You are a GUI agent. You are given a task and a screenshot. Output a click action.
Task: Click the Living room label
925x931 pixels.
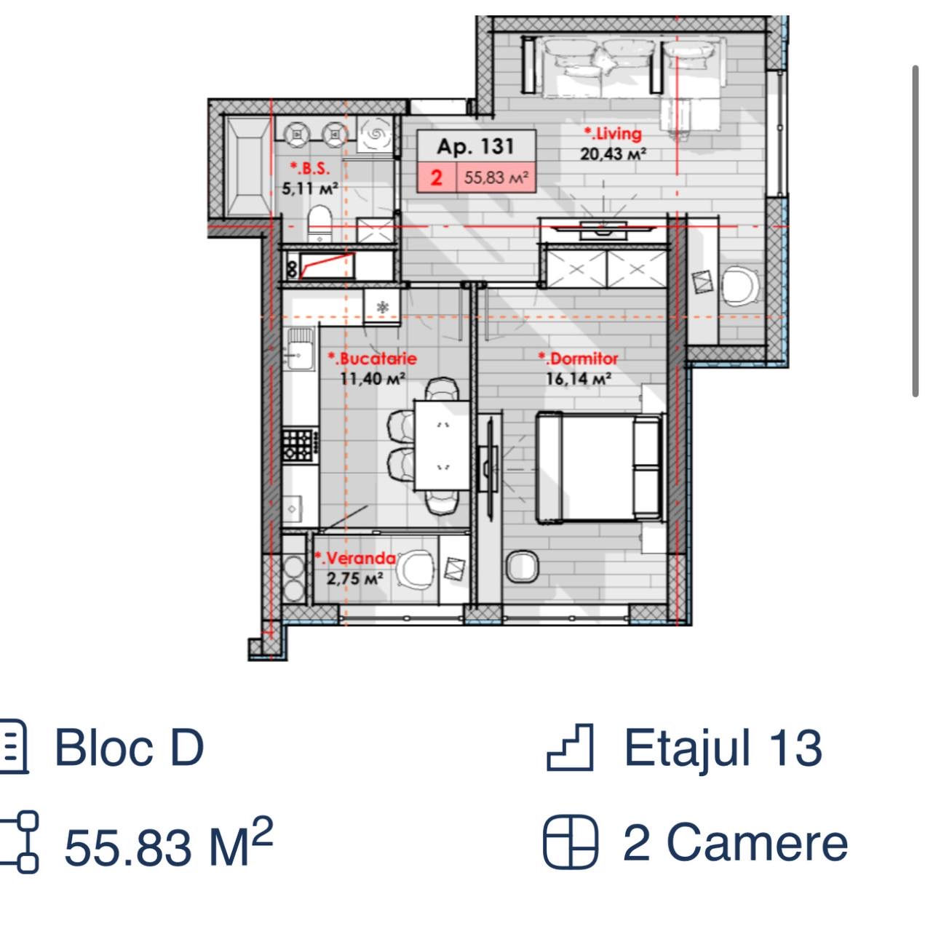pos(613,133)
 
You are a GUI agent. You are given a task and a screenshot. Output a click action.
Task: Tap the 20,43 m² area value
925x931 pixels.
pos(613,154)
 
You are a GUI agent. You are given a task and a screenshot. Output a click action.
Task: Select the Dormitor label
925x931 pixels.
pos(579,359)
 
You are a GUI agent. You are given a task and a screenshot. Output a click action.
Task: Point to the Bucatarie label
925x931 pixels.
pos(373,359)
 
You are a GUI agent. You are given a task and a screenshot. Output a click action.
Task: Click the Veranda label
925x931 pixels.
pos(355,559)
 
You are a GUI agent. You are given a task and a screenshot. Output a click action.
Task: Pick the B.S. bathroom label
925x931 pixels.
pos(309,169)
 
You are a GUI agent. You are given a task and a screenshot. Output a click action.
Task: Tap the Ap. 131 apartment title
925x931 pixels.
pos(476,146)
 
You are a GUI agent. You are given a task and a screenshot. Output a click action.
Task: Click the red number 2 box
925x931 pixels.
pos(437,177)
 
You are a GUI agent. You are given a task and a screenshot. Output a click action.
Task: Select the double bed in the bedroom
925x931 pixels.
pos(600,467)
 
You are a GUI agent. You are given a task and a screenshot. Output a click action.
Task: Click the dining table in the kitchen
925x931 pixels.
pos(442,445)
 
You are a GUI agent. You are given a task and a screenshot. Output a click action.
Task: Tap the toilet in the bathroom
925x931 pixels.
pos(319,223)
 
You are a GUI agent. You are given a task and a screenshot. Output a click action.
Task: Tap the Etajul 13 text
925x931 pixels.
pos(723,748)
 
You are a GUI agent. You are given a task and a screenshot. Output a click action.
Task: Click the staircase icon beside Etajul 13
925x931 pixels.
pos(570,747)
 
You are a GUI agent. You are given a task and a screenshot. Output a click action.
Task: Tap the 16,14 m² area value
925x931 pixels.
pos(579,379)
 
